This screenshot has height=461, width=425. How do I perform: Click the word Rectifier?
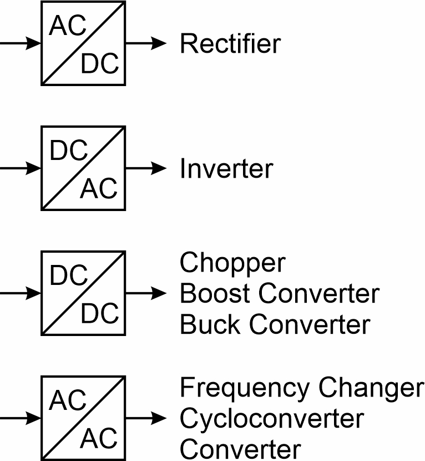(230, 43)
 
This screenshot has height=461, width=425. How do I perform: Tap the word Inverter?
(226, 168)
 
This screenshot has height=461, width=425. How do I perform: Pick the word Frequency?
(241, 389)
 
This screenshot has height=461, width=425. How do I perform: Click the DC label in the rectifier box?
(100, 64)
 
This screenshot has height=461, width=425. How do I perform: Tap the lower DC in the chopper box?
(100, 314)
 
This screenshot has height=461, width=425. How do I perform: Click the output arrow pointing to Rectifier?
(146, 43)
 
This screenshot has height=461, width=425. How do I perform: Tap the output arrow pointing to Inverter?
(146, 168)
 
